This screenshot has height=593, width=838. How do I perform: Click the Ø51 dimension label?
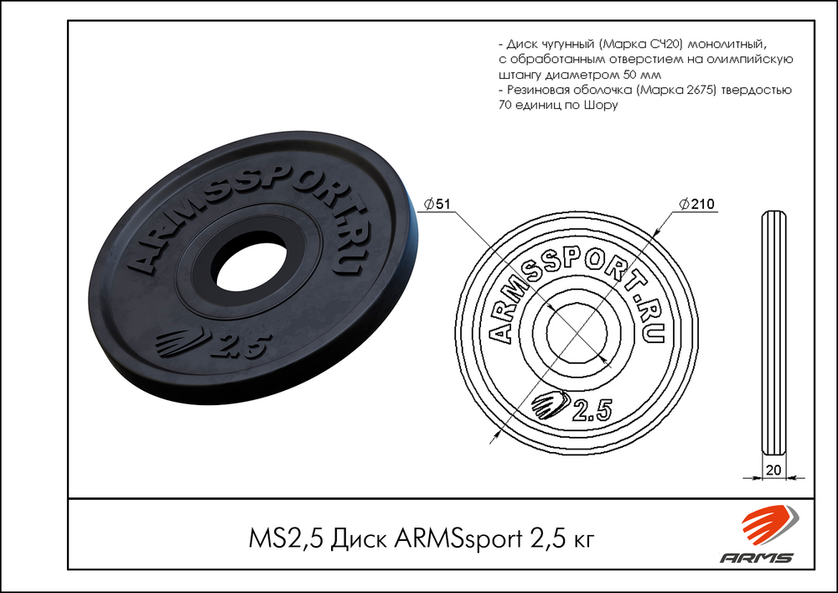(x=439, y=203)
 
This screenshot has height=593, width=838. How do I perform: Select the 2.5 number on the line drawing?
(x=591, y=409)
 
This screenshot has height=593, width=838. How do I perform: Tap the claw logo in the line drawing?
(x=550, y=405)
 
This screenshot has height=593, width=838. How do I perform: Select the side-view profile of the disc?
(x=773, y=336)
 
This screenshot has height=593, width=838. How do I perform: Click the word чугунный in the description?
(x=566, y=44)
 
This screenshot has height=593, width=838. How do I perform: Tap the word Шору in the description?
(x=602, y=106)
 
